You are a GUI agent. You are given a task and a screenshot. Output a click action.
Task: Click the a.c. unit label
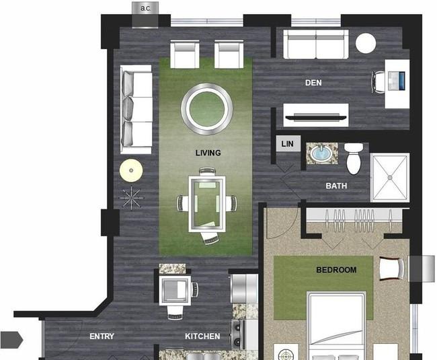click(x=145, y=8)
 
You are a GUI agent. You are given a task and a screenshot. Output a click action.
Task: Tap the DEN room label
click(x=313, y=83)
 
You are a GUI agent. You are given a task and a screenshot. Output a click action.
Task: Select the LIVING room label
click(x=208, y=153)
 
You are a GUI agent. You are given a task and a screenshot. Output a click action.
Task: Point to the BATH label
click(x=336, y=186)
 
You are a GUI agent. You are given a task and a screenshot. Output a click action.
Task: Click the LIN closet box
click(x=288, y=143)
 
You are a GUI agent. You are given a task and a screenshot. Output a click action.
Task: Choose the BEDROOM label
click(x=336, y=270)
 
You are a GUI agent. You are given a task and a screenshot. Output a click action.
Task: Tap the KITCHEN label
click(x=202, y=336)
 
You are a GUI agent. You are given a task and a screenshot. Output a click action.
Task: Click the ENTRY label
click(x=102, y=336)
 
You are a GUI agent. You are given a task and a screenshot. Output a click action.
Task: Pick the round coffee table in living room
click(x=207, y=109)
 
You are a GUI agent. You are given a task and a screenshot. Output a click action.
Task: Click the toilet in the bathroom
click(x=354, y=158)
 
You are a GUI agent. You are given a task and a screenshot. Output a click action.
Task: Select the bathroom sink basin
click(x=321, y=153)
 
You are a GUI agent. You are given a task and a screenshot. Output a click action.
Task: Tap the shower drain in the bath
click(x=390, y=178)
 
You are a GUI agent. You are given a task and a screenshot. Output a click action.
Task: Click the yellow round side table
click(x=131, y=170)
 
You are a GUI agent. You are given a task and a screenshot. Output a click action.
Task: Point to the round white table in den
click(x=366, y=43)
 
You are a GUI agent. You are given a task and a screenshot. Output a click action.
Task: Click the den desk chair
click(x=379, y=82)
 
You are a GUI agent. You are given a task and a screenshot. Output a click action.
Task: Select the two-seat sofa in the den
click(x=316, y=44)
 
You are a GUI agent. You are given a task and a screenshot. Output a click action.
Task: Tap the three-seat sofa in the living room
click(x=136, y=110)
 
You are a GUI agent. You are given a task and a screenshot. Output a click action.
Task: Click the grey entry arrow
click(x=11, y=340)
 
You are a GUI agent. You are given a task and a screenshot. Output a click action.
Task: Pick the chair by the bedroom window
click(x=392, y=268)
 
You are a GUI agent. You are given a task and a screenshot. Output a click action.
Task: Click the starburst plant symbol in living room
click(x=131, y=197)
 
